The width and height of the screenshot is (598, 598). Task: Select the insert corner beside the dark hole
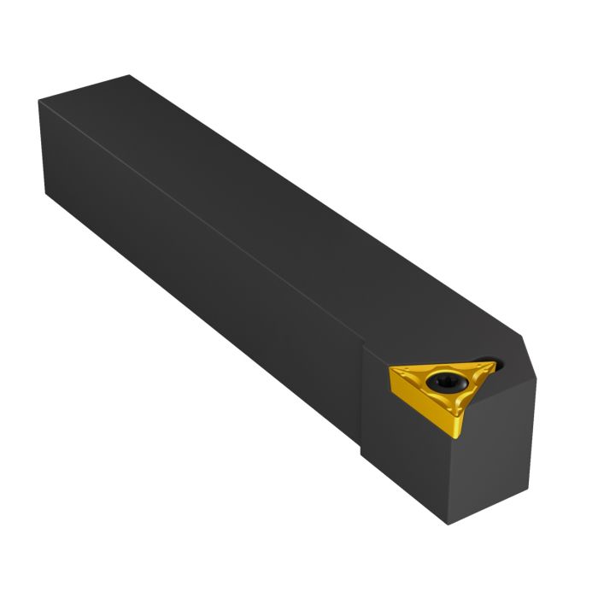point(494,362)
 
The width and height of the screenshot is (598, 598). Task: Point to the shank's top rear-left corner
point(40,103)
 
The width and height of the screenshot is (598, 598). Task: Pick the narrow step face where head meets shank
point(367,402)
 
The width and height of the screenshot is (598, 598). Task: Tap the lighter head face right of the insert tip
point(504,427)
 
